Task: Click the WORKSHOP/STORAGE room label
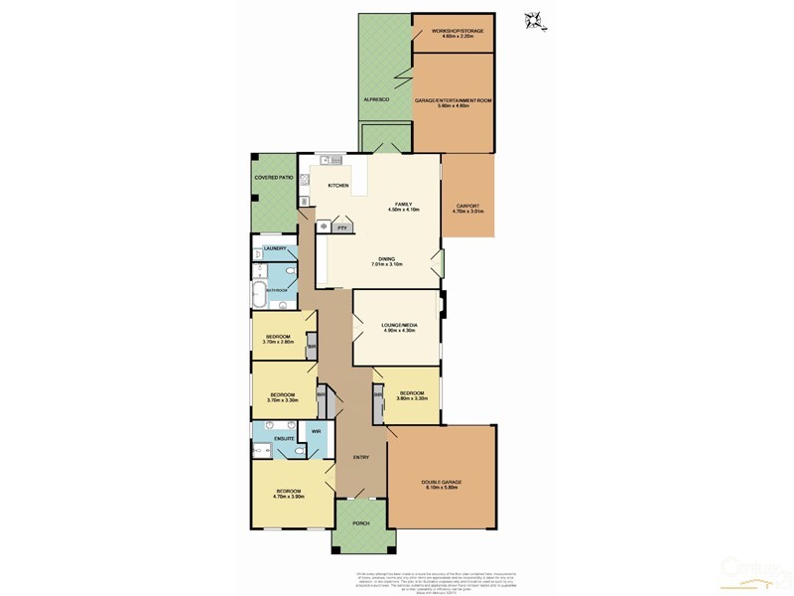tap(458, 31)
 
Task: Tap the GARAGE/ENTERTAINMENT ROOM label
tap(453, 100)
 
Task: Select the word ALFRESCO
tap(376, 100)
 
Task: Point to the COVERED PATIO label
tap(274, 177)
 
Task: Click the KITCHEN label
tap(338, 186)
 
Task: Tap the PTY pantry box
tap(341, 227)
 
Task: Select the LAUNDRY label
tap(274, 248)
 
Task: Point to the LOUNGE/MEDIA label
tap(396, 324)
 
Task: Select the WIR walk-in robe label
tap(315, 432)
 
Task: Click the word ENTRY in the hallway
tap(360, 457)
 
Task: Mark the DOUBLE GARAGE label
tap(443, 482)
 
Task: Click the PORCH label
tap(361, 523)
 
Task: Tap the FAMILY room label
tap(403, 204)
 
